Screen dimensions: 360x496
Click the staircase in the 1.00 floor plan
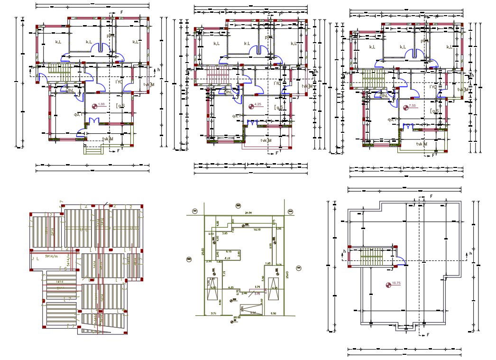[59, 74]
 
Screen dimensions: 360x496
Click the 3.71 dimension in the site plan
[213, 314]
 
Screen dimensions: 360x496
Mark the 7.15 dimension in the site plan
[224, 272]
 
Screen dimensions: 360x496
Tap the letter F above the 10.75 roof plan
[431, 196]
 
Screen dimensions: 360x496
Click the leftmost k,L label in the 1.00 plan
[58, 43]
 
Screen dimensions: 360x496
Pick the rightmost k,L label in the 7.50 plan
[449, 47]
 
